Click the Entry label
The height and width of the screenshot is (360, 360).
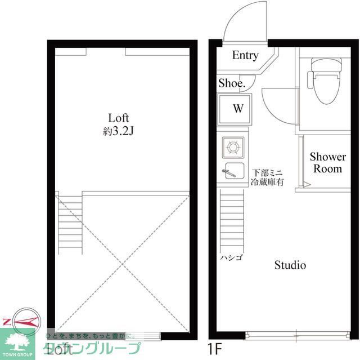[x=245, y=55]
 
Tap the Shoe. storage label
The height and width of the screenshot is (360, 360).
[x=232, y=83]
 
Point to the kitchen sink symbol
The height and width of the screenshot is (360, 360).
[x=231, y=170]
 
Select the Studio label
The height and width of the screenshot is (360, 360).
[x=290, y=265]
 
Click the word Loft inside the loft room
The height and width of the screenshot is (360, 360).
[x=119, y=118]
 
